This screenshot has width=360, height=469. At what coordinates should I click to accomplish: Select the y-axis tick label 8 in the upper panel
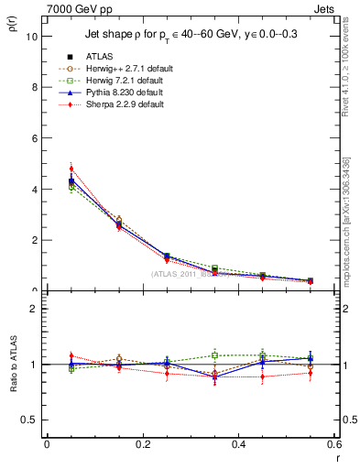click(34, 88)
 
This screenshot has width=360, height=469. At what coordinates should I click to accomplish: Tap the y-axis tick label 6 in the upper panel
click(34, 138)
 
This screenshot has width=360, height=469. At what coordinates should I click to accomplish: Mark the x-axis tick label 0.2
click(143, 443)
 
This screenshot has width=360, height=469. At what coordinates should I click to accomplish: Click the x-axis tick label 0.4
click(239, 443)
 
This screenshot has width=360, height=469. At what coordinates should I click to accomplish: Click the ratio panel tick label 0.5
click(29, 420)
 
